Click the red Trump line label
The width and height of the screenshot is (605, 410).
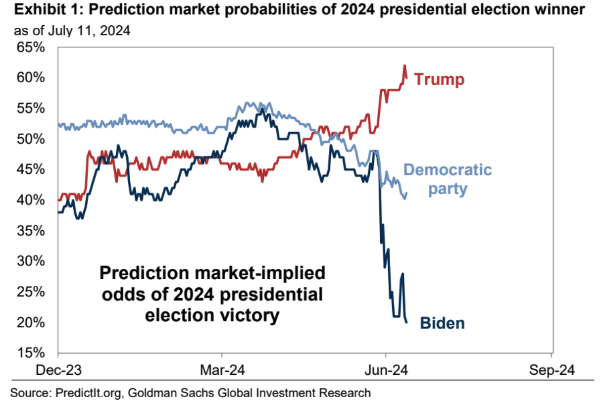click(x=439, y=79)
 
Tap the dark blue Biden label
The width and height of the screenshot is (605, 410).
click(x=442, y=323)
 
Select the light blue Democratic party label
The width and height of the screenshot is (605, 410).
click(x=448, y=179)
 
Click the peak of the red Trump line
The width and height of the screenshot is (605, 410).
click(x=404, y=65)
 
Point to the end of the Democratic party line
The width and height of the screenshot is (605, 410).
click(x=407, y=194)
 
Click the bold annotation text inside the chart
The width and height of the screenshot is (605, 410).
click(x=211, y=294)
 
